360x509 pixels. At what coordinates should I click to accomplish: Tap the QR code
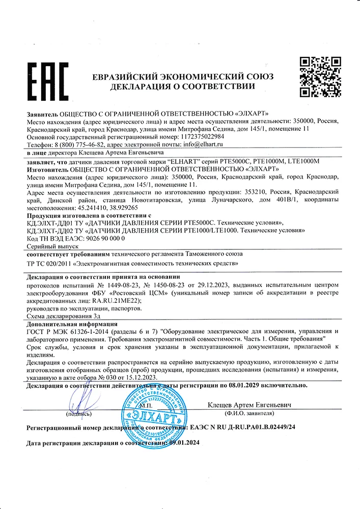319,77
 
